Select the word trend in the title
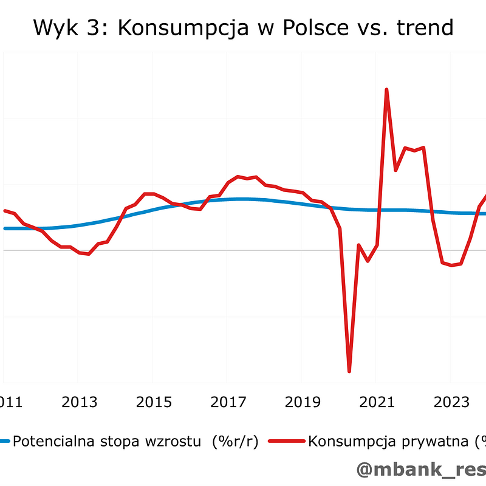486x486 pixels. (x=424, y=27)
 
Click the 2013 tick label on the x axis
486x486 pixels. (x=80, y=402)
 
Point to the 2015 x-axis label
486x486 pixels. (x=154, y=402)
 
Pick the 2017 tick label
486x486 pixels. (x=228, y=402)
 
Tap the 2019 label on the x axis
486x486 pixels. (x=303, y=402)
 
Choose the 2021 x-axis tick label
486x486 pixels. (x=377, y=402)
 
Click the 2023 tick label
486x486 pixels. (x=451, y=402)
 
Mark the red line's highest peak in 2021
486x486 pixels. (x=386, y=90)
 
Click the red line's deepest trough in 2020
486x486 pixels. (x=349, y=371)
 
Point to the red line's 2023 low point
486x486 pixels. (x=451, y=265)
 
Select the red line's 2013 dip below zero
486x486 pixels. (x=89, y=254)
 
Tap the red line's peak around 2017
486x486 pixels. (x=238, y=176)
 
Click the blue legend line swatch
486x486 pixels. (x=5, y=442)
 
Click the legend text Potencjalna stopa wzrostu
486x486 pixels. (x=107, y=442)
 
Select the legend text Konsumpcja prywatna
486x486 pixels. (x=389, y=442)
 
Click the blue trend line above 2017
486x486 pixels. (x=228, y=199)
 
